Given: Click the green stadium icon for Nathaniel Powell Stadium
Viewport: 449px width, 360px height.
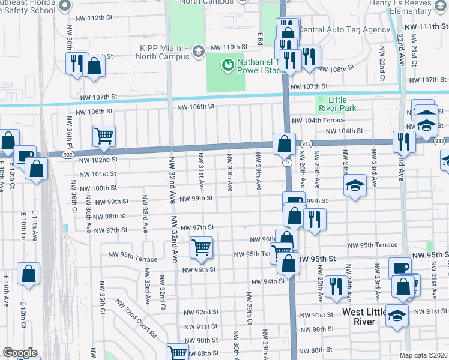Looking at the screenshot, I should [228, 64].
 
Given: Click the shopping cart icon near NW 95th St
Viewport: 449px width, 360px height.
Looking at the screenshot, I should [202, 247].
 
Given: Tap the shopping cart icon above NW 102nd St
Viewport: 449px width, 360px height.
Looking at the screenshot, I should [104, 137].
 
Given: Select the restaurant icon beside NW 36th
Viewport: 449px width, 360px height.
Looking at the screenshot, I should [76, 63].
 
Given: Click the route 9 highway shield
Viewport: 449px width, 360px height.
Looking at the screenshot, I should [289, 162].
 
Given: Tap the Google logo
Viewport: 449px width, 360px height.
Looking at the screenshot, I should [20, 352].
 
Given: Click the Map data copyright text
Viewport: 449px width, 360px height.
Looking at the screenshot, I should [423, 355].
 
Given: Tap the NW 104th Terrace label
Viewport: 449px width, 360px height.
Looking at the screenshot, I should [319, 121].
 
